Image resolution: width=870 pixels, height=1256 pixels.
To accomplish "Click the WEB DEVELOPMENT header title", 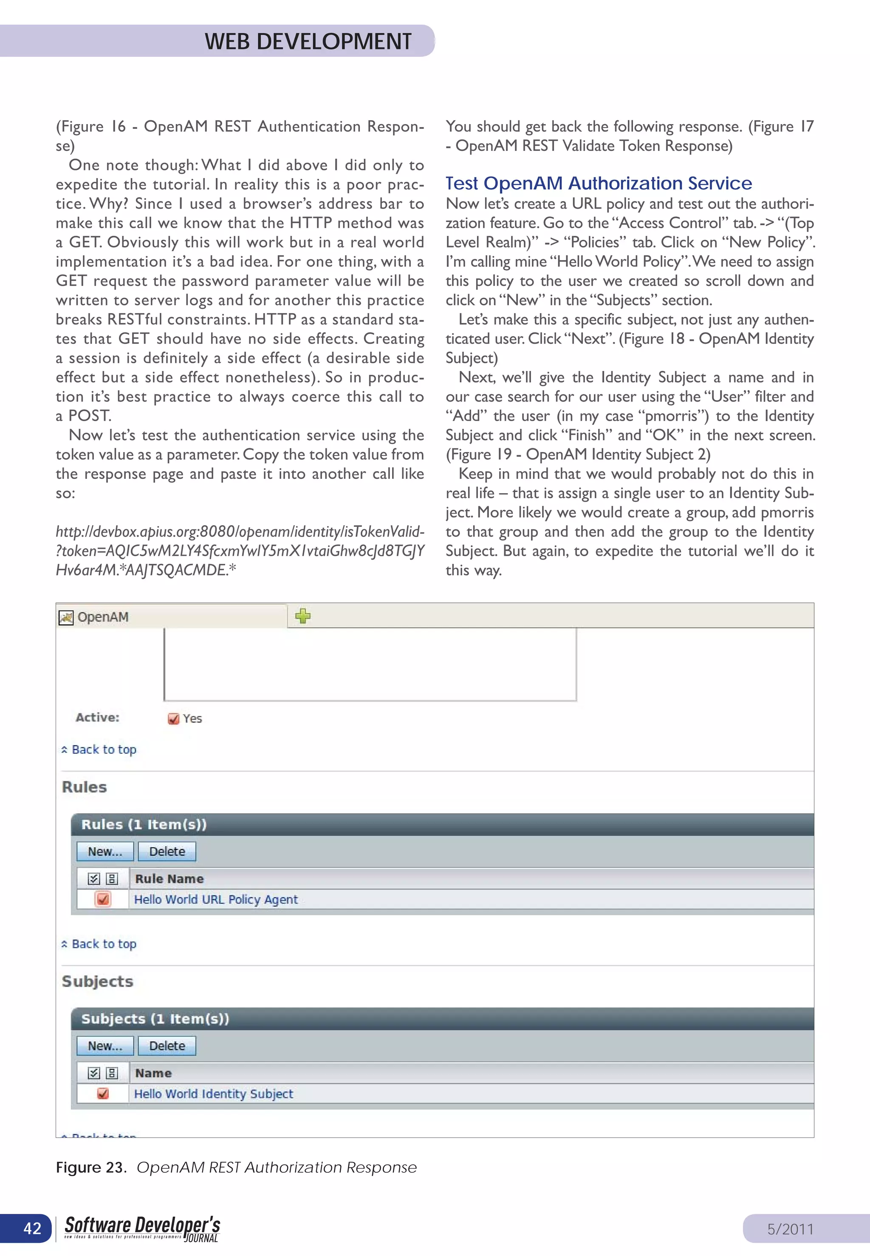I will (308, 42).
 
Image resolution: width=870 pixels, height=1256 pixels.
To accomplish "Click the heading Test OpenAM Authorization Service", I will (598, 183).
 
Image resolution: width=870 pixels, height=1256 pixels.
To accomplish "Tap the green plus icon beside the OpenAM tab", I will (302, 616).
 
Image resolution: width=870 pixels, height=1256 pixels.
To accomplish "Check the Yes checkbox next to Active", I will (173, 719).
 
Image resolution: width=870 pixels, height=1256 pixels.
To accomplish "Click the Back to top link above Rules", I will (104, 750).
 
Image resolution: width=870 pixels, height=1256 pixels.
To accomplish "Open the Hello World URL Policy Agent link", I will (216, 900).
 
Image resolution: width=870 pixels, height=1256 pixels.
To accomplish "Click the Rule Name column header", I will (169, 879).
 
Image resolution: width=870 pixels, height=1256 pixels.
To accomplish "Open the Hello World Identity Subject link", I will (213, 1094).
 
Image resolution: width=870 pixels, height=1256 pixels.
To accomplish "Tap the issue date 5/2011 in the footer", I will (790, 1229).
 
